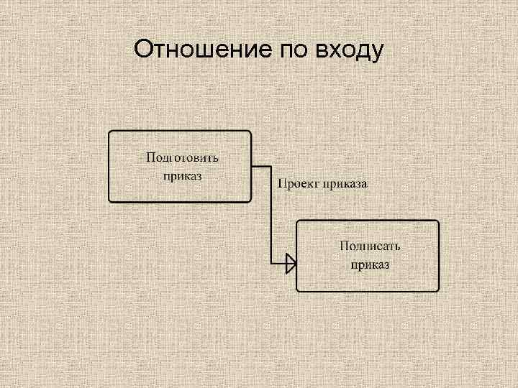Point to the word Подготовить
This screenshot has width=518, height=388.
click(183, 157)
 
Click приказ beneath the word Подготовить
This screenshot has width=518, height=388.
click(182, 175)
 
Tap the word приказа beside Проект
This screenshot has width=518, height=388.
click(345, 184)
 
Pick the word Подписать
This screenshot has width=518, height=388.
click(370, 246)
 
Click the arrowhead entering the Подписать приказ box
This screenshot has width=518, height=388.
click(291, 264)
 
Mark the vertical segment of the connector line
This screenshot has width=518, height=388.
click(271, 216)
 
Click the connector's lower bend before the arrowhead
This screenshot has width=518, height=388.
click(271, 264)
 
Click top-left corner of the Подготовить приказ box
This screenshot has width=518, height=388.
click(110, 132)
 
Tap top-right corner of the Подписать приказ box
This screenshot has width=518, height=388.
click(437, 222)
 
